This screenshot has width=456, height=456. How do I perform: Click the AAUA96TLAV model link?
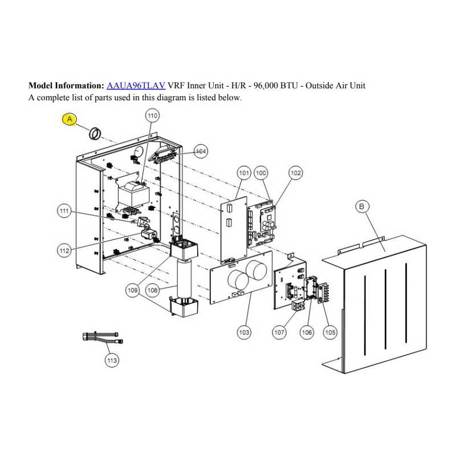136,85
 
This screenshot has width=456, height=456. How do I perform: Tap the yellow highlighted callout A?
70,119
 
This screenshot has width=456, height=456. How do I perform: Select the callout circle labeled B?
362,206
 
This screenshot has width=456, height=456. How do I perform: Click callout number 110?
152,116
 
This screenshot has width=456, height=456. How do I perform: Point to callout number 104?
201,151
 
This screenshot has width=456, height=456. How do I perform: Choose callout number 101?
244,173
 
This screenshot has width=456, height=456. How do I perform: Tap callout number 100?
261,173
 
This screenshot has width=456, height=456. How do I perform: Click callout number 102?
295,173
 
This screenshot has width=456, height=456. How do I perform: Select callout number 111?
64,211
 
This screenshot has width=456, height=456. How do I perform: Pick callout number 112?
64,251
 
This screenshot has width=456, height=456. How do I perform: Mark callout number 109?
133,290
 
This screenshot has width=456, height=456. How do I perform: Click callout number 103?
244,332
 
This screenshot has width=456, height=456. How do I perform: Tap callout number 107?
279,332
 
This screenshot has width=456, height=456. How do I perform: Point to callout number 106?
307,332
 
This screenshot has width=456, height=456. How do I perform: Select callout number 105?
330,332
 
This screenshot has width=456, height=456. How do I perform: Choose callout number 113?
112,361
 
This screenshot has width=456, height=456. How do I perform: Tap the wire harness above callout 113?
103,338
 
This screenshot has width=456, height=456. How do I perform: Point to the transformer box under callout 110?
133,194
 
